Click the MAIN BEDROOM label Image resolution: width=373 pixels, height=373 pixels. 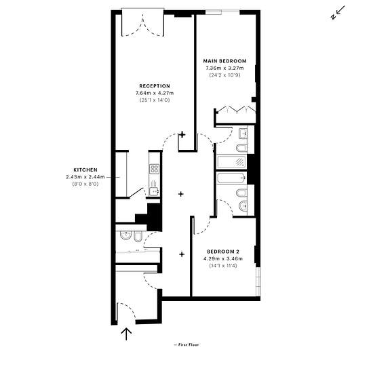click(x=224, y=61)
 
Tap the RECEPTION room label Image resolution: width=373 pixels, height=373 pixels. click(x=155, y=86)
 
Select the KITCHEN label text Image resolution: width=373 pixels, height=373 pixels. click(x=85, y=170)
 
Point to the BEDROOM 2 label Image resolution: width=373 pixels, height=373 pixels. click(x=223, y=252)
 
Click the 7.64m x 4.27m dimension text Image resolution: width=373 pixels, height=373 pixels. click(x=155, y=93)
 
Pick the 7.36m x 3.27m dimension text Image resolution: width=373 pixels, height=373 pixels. click(x=224, y=68)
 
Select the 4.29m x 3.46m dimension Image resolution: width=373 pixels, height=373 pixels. click(x=223, y=258)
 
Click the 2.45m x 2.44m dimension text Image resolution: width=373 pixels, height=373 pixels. click(x=85, y=177)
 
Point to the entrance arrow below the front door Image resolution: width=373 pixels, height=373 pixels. click(x=126, y=334)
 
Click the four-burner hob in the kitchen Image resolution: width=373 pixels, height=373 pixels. click(x=154, y=169)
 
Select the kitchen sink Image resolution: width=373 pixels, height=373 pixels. click(x=154, y=191)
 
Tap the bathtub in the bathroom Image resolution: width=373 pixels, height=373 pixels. click(x=231, y=178)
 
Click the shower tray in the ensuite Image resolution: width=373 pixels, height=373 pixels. click(x=231, y=162)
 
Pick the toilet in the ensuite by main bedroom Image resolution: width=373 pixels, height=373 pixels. click(x=241, y=148)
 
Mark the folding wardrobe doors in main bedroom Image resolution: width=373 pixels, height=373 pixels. click(x=237, y=109)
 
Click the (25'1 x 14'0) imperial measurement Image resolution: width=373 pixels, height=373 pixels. click(x=155, y=100)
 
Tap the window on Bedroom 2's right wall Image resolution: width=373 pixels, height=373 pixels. click(x=258, y=281)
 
